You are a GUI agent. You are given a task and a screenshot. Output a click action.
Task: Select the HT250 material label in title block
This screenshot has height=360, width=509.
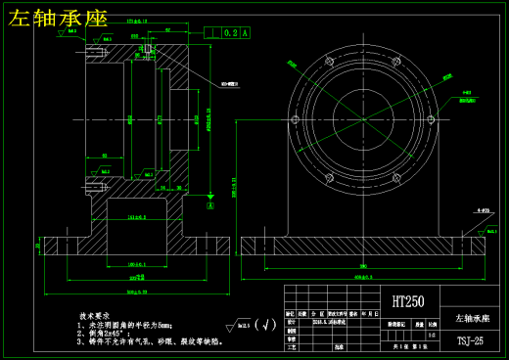[x=408, y=302]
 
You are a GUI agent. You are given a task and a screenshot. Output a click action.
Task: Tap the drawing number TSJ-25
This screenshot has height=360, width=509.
[x=470, y=341]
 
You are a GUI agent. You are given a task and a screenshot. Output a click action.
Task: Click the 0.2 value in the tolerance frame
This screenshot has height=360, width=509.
[x=231, y=32]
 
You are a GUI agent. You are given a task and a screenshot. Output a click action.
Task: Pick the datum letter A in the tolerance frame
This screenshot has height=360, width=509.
[x=245, y=32]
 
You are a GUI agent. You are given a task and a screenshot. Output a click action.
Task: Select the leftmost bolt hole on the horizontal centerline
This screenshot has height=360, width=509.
[x=294, y=119]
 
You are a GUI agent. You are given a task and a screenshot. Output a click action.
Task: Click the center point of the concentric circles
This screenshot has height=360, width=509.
[x=363, y=119]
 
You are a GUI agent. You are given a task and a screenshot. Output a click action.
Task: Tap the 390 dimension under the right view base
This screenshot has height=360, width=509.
[x=363, y=266]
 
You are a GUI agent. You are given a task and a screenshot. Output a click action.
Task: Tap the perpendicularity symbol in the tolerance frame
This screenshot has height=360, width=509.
[x=213, y=32]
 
